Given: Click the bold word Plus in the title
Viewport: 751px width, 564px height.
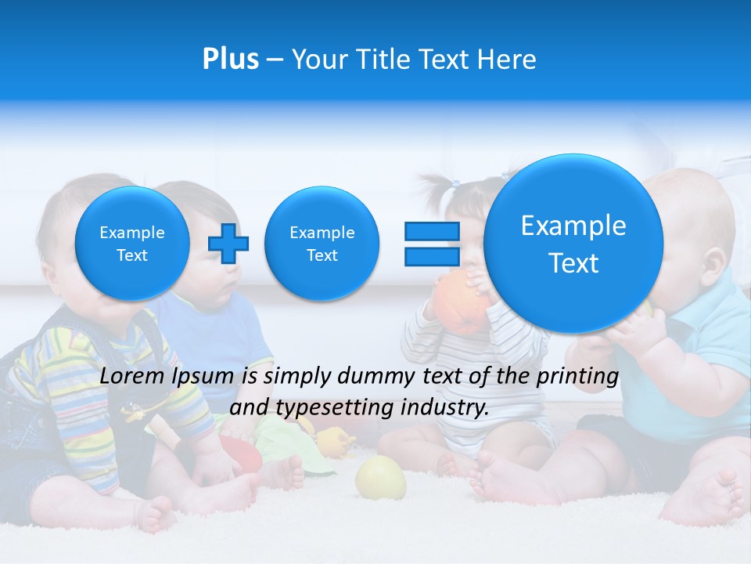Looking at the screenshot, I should click(x=230, y=60).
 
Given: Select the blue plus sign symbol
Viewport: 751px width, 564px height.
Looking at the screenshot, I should click(x=228, y=243).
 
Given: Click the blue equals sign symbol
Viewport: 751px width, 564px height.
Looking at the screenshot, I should click(x=432, y=244).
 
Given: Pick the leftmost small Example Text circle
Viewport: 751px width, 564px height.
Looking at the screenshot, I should click(x=132, y=244).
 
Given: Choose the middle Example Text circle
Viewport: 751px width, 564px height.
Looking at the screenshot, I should click(x=322, y=244).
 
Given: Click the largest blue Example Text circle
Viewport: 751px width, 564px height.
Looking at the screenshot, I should click(x=573, y=244).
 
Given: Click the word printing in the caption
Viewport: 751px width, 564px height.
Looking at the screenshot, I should click(x=577, y=376).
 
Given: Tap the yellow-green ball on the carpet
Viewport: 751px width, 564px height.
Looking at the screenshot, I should click(x=381, y=477).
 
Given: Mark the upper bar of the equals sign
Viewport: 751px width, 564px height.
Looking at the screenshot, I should click(x=432, y=231).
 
